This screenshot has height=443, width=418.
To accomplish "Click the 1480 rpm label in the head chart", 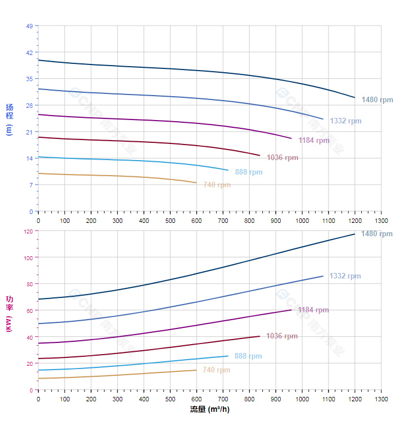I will [x=377, y=100].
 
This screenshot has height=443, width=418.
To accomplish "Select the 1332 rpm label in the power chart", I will [x=345, y=276].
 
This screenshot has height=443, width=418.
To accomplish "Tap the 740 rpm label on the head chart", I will [x=217, y=185].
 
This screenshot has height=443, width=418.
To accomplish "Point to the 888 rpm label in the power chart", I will [x=248, y=356].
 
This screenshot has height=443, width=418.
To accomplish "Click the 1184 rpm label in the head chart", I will [x=313, y=141].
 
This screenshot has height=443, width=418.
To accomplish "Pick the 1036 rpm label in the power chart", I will [x=282, y=336].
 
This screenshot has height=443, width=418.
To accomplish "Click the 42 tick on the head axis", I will [x=30, y=52].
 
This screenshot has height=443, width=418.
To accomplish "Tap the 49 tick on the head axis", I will [x=30, y=26].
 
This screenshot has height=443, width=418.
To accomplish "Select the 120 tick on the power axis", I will [x=28, y=231].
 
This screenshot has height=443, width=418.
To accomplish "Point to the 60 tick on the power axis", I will [x=30, y=311].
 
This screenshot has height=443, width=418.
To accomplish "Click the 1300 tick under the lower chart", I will [x=381, y=400].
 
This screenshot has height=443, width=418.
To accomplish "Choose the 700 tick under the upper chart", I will [x=223, y=221].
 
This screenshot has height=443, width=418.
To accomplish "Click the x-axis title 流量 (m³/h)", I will [x=210, y=410].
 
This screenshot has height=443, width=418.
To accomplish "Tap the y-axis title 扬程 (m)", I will [x=9, y=119].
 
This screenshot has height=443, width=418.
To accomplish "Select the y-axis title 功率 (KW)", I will [x=9, y=313].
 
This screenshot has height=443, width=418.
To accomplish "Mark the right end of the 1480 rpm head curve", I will [x=355, y=98].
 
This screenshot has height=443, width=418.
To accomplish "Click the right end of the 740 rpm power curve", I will [x=196, y=370].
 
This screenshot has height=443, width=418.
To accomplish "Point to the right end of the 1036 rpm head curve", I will [x=260, y=156].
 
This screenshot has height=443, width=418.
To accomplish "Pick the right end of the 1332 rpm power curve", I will [x=323, y=276].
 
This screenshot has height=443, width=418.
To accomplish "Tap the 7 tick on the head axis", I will [x=31, y=185].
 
